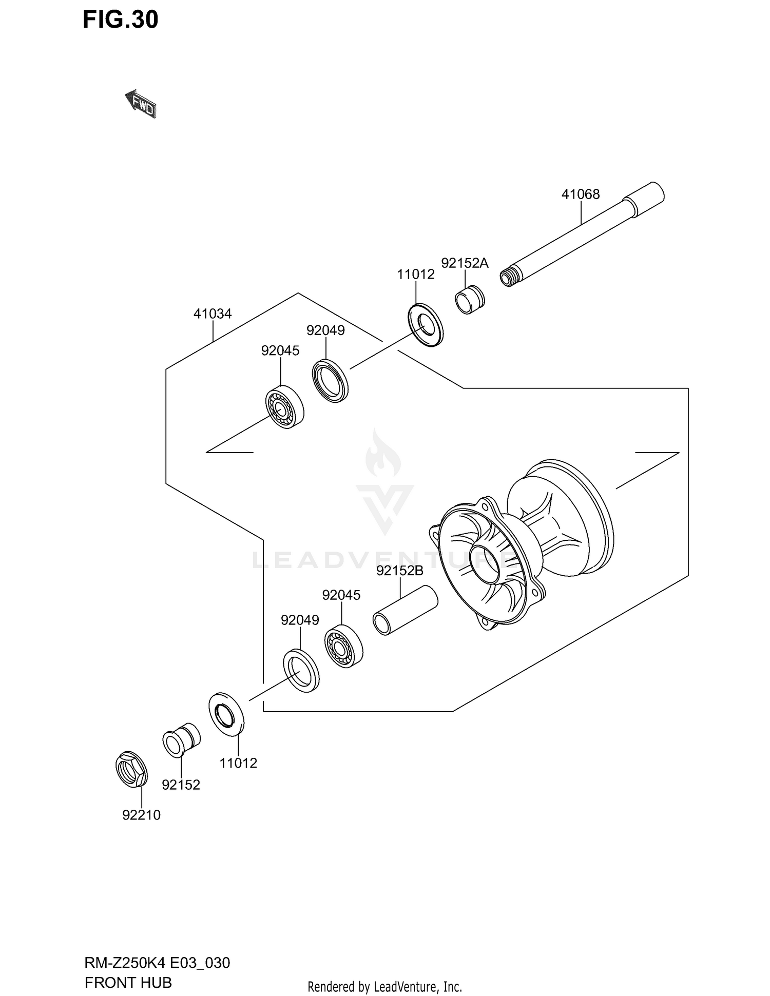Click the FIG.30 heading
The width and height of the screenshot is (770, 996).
click(121, 20)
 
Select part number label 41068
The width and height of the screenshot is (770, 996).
click(580, 194)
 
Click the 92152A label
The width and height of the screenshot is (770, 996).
click(465, 263)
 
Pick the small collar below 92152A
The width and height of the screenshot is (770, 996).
click(470, 300)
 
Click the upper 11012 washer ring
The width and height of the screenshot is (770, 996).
click(426, 324)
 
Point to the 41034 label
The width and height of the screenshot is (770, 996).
click(213, 314)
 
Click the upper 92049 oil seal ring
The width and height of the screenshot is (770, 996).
click(330, 381)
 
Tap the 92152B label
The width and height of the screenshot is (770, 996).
click(399, 571)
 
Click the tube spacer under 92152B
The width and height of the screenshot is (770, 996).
click(405, 610)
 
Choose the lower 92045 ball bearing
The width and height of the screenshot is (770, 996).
click(343, 646)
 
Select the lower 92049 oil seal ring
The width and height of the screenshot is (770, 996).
click(301, 670)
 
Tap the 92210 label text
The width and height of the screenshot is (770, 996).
click(141, 815)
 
